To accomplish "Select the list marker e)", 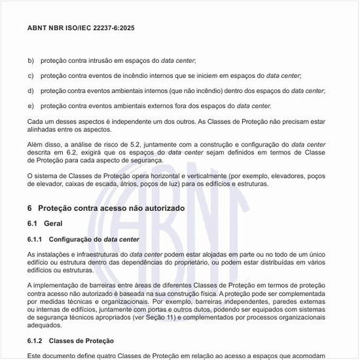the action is click(31, 105).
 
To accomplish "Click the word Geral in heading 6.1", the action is click(54, 223).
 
